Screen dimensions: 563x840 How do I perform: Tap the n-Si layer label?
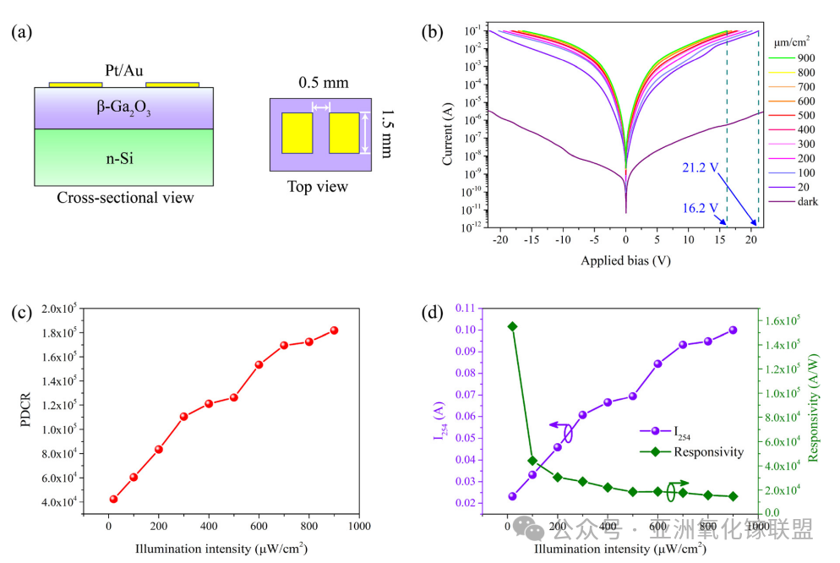coord(124,157)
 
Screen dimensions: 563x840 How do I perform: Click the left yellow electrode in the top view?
coord(297,133)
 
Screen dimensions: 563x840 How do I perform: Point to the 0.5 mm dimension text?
coord(323,83)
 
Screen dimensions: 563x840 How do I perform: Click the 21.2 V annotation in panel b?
coord(701,167)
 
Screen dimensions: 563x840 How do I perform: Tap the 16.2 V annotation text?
coord(701,207)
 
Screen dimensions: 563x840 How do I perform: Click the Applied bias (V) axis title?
coord(625,260)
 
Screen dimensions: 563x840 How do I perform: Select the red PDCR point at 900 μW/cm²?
coord(334,330)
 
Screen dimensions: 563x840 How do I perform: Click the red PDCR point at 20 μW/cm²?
coord(113,499)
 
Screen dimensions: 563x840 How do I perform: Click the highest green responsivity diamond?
coord(512,326)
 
